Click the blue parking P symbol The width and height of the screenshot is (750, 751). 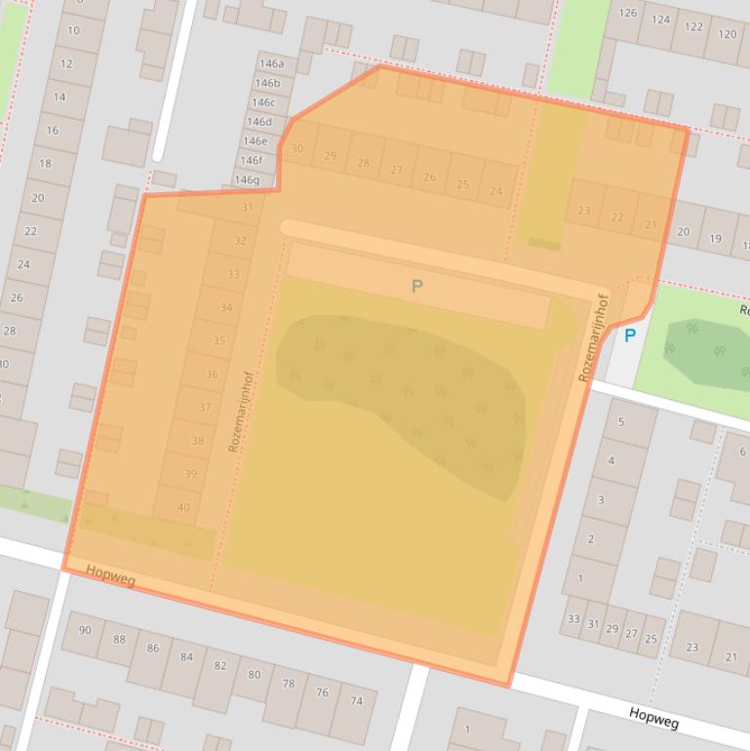click(x=630, y=336)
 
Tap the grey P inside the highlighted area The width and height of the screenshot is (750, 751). click(x=417, y=287)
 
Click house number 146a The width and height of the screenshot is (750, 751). click(x=271, y=63)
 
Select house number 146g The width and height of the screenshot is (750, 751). click(x=247, y=179)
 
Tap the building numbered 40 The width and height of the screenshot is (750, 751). click(x=183, y=507)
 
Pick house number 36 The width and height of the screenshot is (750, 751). click(x=212, y=375)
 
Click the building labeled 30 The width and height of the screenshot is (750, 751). click(x=297, y=149)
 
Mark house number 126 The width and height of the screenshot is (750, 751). click(x=628, y=13)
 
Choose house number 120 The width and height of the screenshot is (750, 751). click(x=727, y=33)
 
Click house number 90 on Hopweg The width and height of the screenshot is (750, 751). click(x=85, y=630)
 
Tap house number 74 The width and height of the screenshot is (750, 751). click(x=356, y=700)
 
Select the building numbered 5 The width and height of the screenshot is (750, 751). click(x=621, y=421)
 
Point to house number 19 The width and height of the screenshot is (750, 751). click(x=715, y=238)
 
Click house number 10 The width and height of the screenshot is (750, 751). click(x=73, y=30)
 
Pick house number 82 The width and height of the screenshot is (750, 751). click(x=219, y=666)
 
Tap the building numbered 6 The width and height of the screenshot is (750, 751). click(x=742, y=452)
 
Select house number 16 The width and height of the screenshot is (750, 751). click(x=52, y=131)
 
